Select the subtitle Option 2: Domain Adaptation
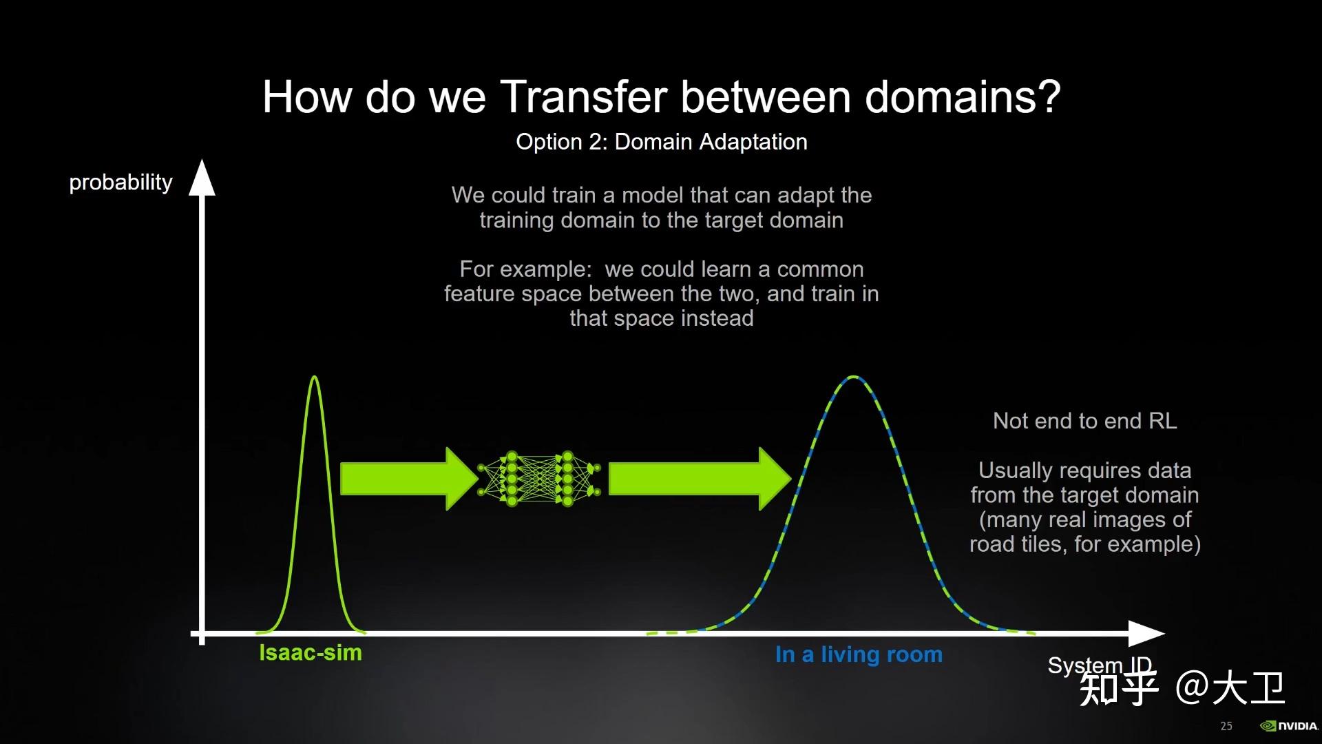[x=662, y=142]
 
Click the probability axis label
[x=120, y=183]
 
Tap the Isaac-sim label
[x=311, y=652]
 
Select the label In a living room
[x=859, y=654]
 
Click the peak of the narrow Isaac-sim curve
[x=315, y=377]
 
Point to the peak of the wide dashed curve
[x=854, y=378]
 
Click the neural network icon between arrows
[x=539, y=479]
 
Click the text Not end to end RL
[x=1085, y=421]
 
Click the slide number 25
[x=1226, y=726]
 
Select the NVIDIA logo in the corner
[x=1289, y=726]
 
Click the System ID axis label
[x=1100, y=665]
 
